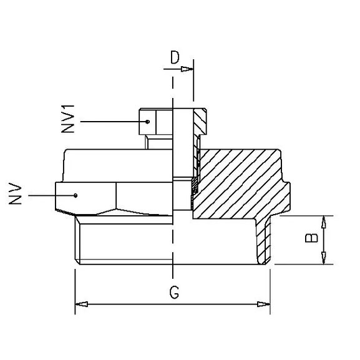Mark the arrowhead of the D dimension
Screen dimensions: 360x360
(188, 69)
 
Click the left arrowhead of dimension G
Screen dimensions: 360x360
(80, 304)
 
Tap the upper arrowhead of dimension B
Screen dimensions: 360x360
(324, 220)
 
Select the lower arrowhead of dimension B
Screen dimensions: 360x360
(324, 260)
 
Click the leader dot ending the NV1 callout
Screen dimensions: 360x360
(148, 121)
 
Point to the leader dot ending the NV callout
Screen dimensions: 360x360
(75, 195)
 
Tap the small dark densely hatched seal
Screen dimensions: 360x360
(194, 183)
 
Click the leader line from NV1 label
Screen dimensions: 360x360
(112, 121)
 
